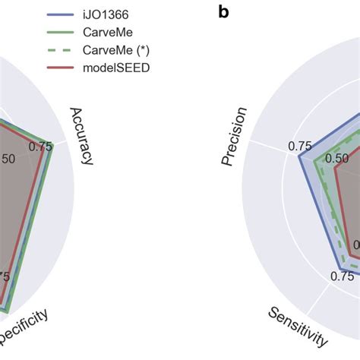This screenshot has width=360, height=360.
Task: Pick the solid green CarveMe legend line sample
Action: pos(61,33)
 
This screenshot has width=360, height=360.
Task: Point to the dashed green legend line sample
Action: pos(61,51)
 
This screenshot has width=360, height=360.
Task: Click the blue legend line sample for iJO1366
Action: pos(61,14)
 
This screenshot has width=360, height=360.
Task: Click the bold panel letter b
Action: pos(223,12)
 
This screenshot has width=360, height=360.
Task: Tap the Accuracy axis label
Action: pos(81,135)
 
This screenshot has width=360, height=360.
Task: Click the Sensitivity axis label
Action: pos(297,328)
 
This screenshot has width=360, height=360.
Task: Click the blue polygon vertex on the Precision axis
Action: pos(299,159)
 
